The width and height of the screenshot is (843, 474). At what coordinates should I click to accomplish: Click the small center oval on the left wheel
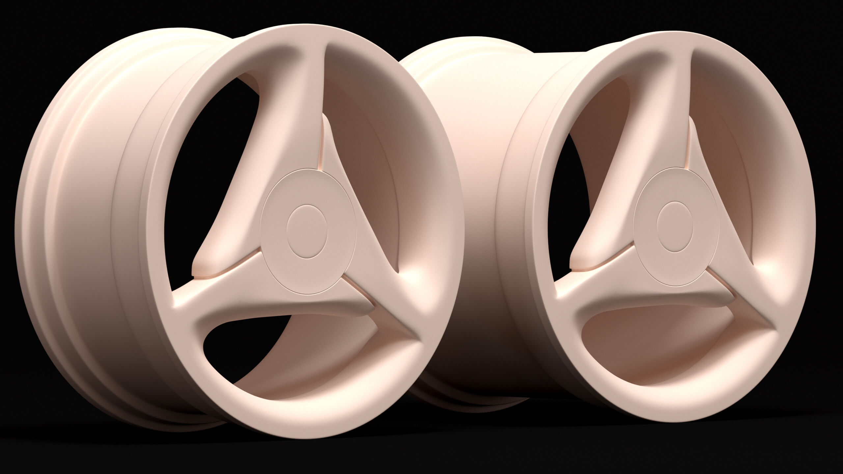pyautogui.click(x=307, y=231)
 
